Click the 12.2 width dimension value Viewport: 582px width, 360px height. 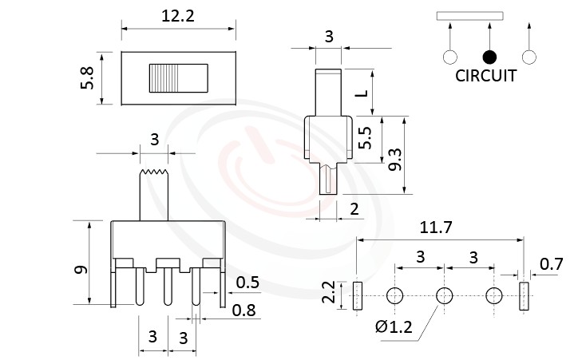pyautogui.click(x=177, y=14)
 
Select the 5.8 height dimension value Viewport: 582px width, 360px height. pyautogui.click(x=88, y=78)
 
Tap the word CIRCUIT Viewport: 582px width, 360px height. pyautogui.click(x=485, y=77)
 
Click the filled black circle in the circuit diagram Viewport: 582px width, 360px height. pyautogui.click(x=489, y=57)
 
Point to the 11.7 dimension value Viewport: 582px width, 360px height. pyautogui.click(x=436, y=227)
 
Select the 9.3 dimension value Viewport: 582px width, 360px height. pyautogui.click(x=394, y=155)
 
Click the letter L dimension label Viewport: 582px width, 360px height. pyautogui.click(x=362, y=93)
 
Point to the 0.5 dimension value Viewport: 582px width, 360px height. pyautogui.click(x=247, y=282)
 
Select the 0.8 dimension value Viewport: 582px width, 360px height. pyautogui.click(x=244, y=311)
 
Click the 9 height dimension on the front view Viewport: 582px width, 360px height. pyautogui.click(x=80, y=270)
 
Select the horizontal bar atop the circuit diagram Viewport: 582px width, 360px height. pyautogui.click(x=469, y=15)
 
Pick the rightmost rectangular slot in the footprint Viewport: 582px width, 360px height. pyautogui.click(x=524, y=296)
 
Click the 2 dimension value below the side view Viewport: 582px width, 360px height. pyautogui.click(x=354, y=209)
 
